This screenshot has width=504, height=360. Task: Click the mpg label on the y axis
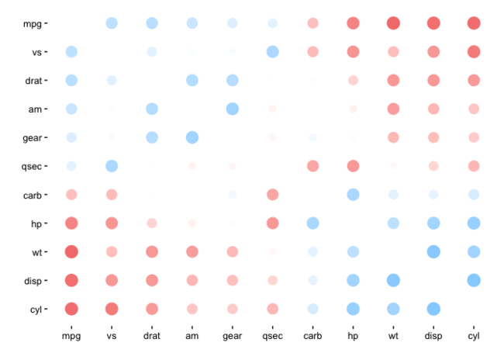coord(32,23)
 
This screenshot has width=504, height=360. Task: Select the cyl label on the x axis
coord(474,336)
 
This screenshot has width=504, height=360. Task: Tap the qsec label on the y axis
coord(30,166)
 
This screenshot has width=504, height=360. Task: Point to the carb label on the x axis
coord(312,336)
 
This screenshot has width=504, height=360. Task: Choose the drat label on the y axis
coord(32,81)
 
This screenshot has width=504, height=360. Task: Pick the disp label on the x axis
coord(433,336)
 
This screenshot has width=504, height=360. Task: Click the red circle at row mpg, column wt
coord(393,23)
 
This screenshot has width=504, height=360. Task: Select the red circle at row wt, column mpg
coord(71,251)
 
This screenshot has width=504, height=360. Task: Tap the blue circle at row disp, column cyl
coord(474,280)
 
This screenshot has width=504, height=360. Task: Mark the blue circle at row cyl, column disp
coord(433,309)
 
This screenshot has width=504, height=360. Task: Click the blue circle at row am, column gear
coord(232,109)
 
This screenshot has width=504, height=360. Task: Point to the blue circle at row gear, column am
coord(192,137)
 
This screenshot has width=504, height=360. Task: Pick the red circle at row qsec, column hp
coord(353,166)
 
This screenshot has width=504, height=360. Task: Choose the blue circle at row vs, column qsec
coord(272,52)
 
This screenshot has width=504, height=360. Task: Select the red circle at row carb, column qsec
coord(272,194)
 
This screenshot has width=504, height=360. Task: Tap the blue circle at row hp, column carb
coord(312,223)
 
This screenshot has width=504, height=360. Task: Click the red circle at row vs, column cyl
coord(474,52)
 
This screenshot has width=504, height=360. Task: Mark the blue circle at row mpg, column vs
coord(112,23)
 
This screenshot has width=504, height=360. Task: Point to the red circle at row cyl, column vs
coord(112,309)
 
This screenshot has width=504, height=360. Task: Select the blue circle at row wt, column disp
coord(433,251)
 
